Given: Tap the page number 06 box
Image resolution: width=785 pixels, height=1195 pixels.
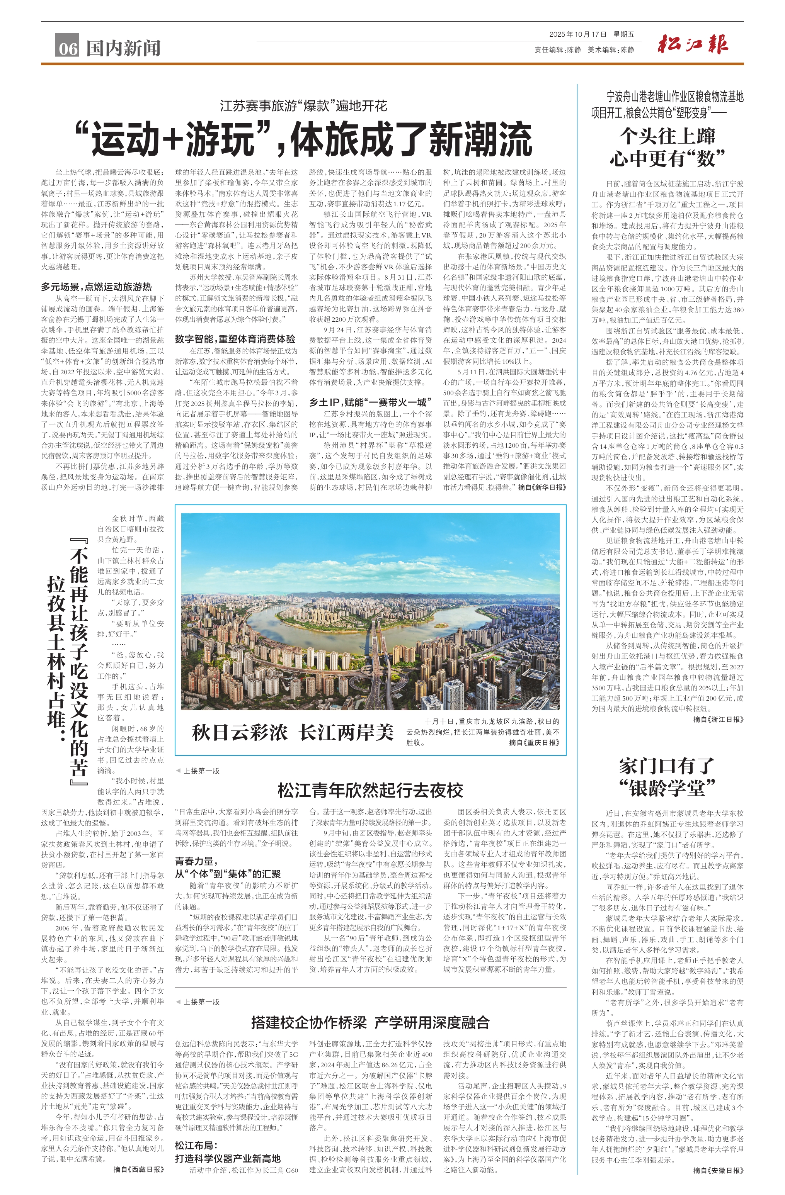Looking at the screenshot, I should tap(67, 47).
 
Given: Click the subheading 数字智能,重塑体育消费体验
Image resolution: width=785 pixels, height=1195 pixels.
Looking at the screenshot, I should tap(235, 339).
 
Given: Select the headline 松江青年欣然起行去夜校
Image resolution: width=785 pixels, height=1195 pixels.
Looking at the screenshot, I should tap(370, 790).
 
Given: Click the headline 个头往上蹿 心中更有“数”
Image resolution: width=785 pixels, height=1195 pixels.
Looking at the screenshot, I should tap(667, 147).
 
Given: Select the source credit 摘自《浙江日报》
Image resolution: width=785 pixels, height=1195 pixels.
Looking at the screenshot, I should tap(718, 719).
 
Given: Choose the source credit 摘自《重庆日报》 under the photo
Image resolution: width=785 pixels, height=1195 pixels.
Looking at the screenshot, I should tap(534, 743).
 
